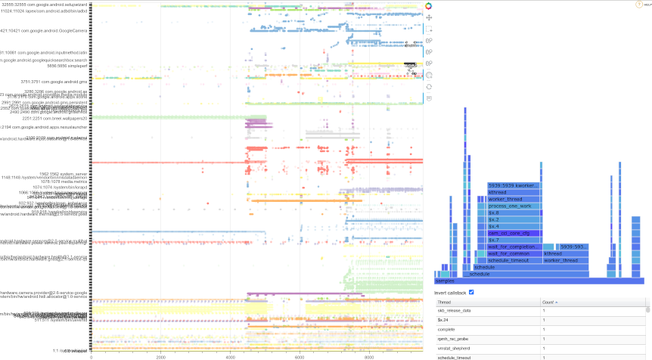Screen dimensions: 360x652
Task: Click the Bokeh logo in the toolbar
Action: coord(429,6)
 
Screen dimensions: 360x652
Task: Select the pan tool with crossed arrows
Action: coord(429,17)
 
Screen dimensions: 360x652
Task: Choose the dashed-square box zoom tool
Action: coord(429,29)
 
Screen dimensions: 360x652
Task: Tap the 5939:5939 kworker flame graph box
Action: coord(514,185)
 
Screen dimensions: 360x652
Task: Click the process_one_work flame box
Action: coord(514,206)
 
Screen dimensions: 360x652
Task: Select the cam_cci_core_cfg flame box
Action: coord(514,233)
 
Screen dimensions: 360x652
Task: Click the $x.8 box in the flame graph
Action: coord(514,213)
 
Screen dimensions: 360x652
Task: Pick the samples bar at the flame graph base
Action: coord(539,281)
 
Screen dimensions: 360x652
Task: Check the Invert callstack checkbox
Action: coord(472,293)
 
